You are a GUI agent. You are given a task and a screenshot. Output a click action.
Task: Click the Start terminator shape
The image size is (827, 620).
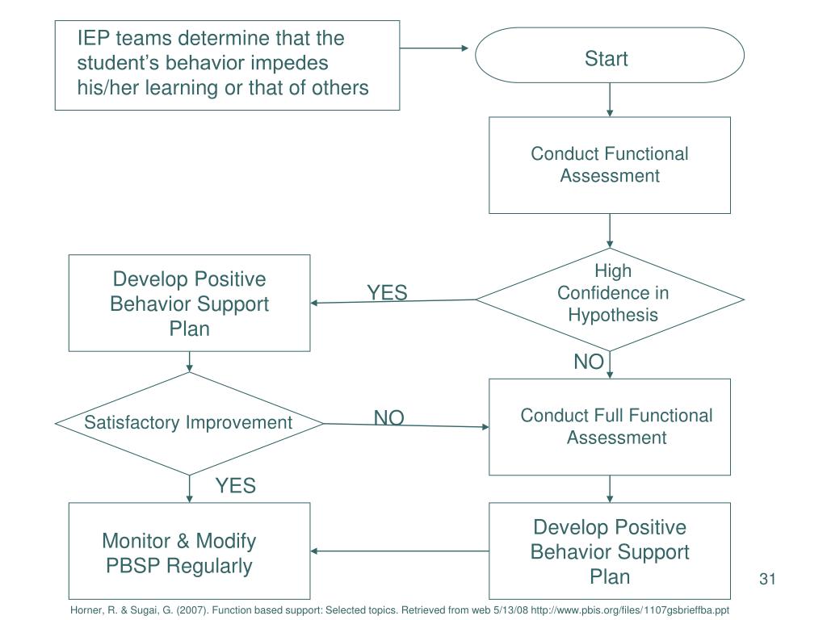pyautogui.click(x=609, y=56)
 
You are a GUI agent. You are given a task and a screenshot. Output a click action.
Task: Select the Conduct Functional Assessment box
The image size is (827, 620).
pyautogui.click(x=610, y=165)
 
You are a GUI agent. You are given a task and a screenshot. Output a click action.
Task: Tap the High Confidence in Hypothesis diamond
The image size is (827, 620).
pyautogui.click(x=610, y=300)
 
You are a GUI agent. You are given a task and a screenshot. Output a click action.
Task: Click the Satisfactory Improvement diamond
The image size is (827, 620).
pyautogui.click(x=189, y=423)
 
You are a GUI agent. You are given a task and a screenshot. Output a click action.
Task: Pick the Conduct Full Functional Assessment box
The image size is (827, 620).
pyautogui.click(x=610, y=427)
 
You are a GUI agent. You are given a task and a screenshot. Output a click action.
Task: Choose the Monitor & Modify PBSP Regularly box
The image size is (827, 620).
pyautogui.click(x=189, y=551)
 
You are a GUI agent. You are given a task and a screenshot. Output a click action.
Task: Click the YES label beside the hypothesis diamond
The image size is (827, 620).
pyautogui.click(x=387, y=292)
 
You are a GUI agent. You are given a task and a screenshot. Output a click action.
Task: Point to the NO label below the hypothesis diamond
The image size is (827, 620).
pyautogui.click(x=589, y=362)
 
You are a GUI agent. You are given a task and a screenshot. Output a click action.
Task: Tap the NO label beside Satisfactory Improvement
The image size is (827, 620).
pyautogui.click(x=389, y=417)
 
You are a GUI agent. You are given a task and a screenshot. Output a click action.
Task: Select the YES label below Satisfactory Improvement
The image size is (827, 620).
pyautogui.click(x=236, y=485)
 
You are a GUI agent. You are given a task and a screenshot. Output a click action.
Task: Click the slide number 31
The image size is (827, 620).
pyautogui.click(x=767, y=579)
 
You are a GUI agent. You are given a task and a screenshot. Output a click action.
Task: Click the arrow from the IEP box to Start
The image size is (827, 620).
pyautogui.click(x=434, y=48)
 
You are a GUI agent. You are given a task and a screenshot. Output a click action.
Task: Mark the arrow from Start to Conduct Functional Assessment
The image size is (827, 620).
pyautogui.click(x=610, y=99)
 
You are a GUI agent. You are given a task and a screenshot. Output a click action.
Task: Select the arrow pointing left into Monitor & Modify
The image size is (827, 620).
pyautogui.click(x=400, y=551)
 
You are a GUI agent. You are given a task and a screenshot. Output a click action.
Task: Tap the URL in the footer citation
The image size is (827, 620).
pyautogui.click(x=630, y=610)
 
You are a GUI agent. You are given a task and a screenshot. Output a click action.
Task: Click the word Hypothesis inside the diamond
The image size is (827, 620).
pyautogui.click(x=613, y=316)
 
